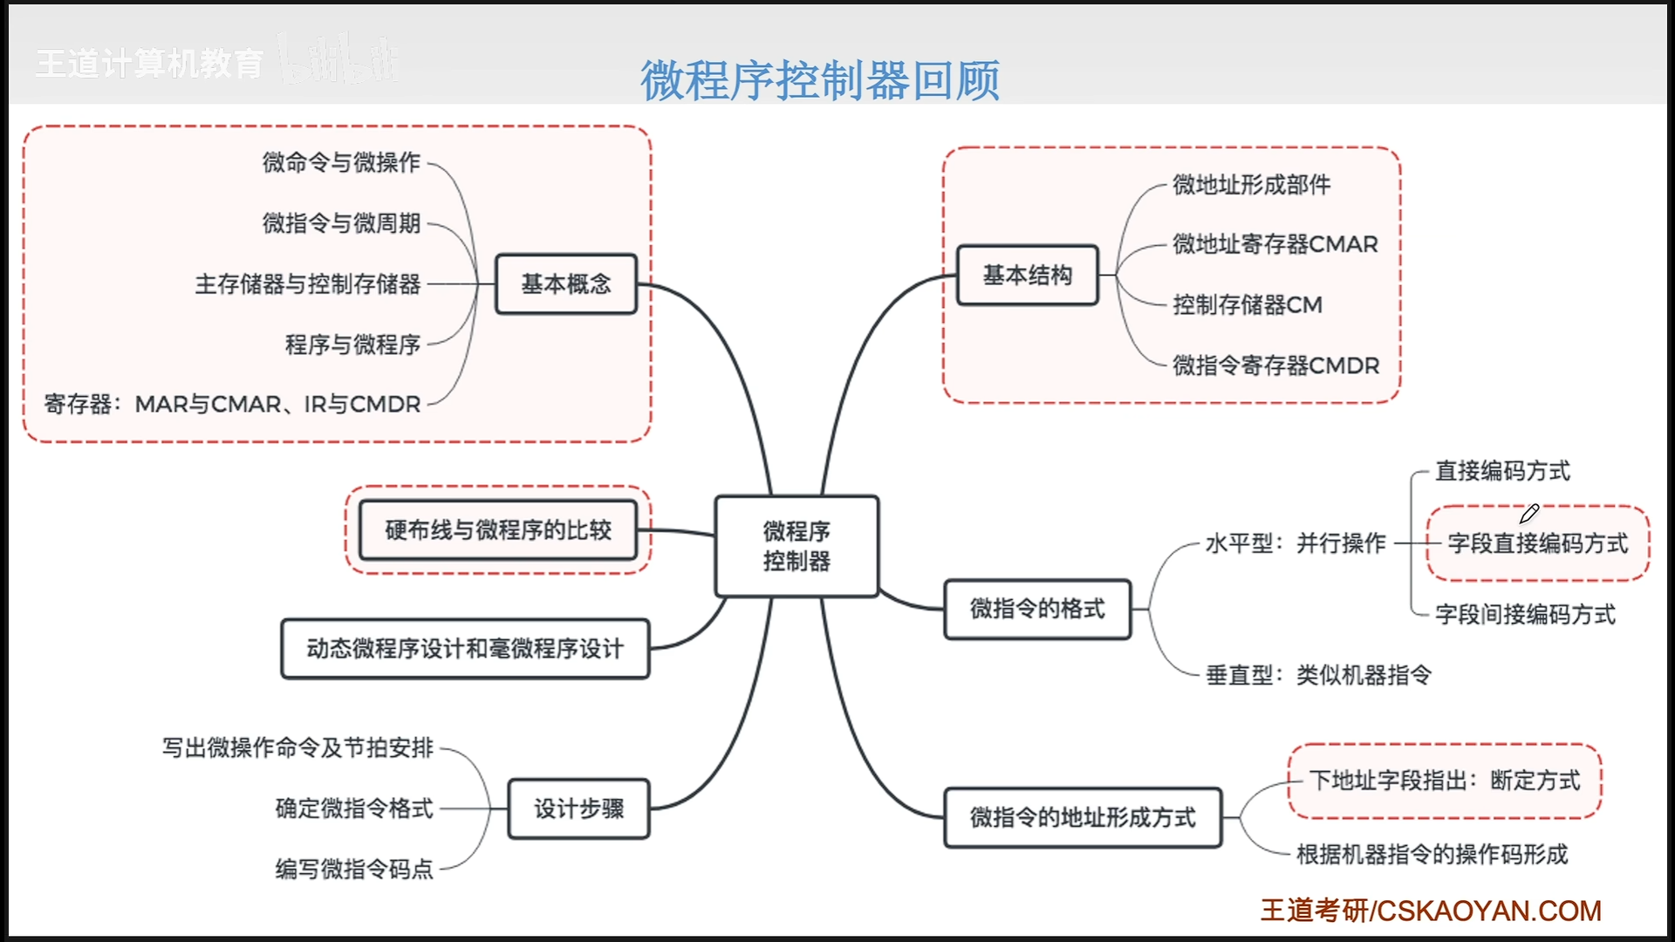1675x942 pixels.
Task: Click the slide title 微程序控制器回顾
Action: [820, 80]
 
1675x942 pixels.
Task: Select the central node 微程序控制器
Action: [796, 546]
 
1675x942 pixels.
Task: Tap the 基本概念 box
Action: [566, 283]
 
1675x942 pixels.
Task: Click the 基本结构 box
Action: [1027, 275]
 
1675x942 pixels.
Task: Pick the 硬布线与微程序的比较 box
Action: [498, 529]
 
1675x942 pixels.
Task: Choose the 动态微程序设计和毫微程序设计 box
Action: [465, 648]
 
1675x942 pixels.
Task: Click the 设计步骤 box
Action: [578, 809]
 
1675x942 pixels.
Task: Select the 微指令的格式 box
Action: [1037, 608]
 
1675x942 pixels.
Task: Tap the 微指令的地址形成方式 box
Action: [1083, 817]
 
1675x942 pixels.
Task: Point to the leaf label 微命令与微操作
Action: [341, 162]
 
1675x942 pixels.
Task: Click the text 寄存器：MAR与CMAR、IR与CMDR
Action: [232, 404]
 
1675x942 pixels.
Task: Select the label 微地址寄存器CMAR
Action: [1275, 244]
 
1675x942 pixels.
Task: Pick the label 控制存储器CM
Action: [1248, 304]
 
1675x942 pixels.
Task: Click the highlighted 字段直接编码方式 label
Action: [1537, 543]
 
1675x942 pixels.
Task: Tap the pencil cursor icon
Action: [1529, 514]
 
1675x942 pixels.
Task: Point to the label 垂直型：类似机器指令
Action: [1318, 674]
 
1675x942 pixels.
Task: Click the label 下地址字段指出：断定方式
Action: [1445, 780]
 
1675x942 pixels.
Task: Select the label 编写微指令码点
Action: [354, 869]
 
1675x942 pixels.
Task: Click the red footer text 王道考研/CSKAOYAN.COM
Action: [1431, 911]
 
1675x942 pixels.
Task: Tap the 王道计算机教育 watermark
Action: [149, 64]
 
